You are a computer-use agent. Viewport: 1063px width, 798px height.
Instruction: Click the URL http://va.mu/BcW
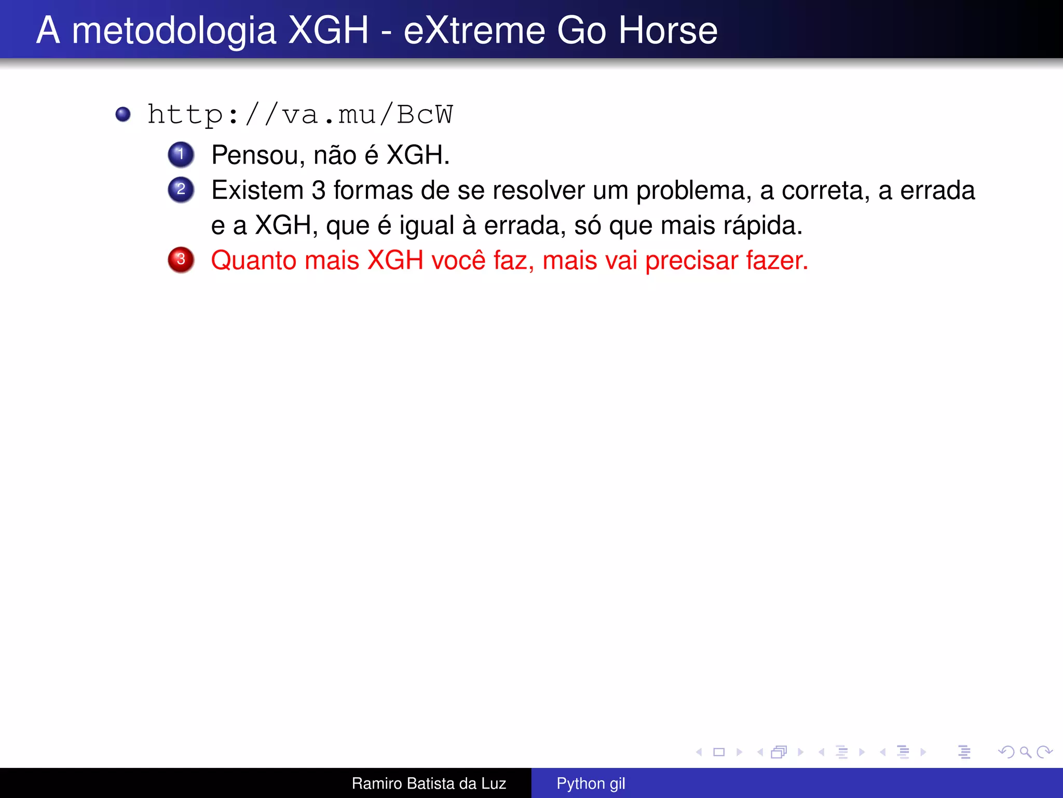click(300, 115)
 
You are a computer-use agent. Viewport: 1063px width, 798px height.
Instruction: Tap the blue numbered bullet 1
click(181, 154)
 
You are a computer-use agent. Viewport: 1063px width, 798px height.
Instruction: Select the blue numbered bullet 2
click(181, 189)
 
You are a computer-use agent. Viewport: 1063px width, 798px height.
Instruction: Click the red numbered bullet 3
click(181, 259)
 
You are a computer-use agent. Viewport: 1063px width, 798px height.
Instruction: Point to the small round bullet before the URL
click(123, 114)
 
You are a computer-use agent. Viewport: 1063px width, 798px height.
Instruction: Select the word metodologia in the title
click(174, 30)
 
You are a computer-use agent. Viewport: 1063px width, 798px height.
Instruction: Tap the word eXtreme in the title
click(475, 30)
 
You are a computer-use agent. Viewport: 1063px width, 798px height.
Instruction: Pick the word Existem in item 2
click(257, 190)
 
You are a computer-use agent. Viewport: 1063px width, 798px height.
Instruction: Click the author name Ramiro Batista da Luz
click(429, 783)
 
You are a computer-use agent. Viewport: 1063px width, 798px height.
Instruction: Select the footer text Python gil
click(591, 783)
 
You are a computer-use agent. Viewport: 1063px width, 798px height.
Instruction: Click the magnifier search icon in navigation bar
click(1025, 752)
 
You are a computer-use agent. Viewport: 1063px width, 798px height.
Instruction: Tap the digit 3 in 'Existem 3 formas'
click(319, 190)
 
